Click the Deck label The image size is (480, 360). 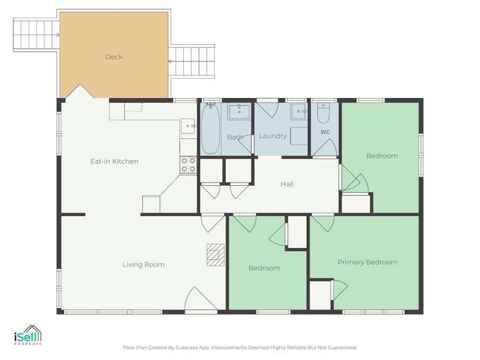pyautogui.click(x=113, y=57)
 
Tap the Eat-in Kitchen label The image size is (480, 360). pyautogui.click(x=114, y=161)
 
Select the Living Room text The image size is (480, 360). pyautogui.click(x=144, y=265)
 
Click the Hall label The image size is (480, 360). pyautogui.click(x=287, y=184)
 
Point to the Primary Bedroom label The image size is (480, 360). pyautogui.click(x=367, y=262)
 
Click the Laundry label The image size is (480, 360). pyautogui.click(x=272, y=136)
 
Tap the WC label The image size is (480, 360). pyautogui.click(x=326, y=133)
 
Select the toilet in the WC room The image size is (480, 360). pyautogui.click(x=323, y=113)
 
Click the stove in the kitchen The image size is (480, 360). pyautogui.click(x=188, y=165)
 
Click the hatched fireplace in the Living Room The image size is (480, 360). pyautogui.click(x=215, y=254)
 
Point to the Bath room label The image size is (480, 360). pyautogui.click(x=235, y=137)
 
